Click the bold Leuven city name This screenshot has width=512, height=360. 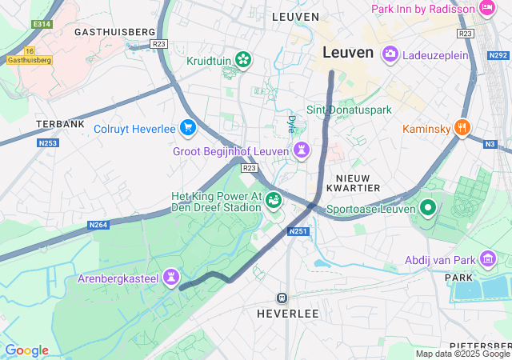348,53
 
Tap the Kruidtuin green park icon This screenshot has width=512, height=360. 243,61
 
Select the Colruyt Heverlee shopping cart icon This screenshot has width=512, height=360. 187,127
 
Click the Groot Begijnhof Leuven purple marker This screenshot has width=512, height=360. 301,150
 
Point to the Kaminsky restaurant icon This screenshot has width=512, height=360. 461,128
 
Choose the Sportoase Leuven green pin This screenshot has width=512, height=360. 427,209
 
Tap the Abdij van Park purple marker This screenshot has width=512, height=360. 487,258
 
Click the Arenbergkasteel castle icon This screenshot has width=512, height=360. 170,278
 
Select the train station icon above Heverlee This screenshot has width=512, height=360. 282,298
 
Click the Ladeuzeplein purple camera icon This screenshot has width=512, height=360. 390,54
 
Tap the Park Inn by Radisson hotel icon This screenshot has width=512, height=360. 486,8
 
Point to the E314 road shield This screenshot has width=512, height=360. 42,25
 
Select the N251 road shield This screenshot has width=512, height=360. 298,231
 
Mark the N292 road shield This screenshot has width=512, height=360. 498,56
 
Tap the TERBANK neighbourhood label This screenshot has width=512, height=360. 60,125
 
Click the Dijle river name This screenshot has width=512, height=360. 290,123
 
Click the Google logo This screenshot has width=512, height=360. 26,350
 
